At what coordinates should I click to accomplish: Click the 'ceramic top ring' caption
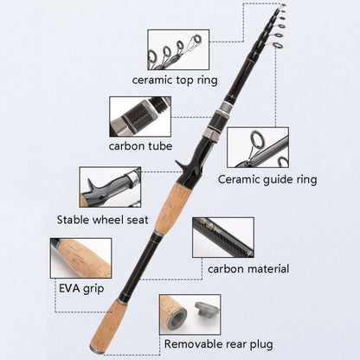coord(175,80)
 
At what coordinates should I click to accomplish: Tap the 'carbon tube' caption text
coord(140,146)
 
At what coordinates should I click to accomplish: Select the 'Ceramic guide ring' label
coord(267,179)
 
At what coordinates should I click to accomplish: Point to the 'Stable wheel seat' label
coord(102,220)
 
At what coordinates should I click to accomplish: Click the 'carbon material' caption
coord(248,269)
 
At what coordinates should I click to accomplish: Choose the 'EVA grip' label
coord(81,288)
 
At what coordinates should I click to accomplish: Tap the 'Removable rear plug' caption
coord(218,344)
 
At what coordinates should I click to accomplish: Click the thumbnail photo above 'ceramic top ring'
coord(178,49)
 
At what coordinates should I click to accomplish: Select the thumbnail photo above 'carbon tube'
coord(140,117)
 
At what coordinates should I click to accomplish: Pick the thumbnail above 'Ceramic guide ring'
coord(258,147)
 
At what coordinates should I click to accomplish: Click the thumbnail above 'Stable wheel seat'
coord(110,187)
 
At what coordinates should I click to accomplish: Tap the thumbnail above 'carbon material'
coord(223,237)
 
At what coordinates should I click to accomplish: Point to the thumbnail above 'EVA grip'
coord(81,258)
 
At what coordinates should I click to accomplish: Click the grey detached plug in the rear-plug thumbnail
coord(206,310)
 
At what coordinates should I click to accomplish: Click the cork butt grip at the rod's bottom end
coord(109,325)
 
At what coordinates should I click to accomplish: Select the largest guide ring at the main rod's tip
coord(278,45)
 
